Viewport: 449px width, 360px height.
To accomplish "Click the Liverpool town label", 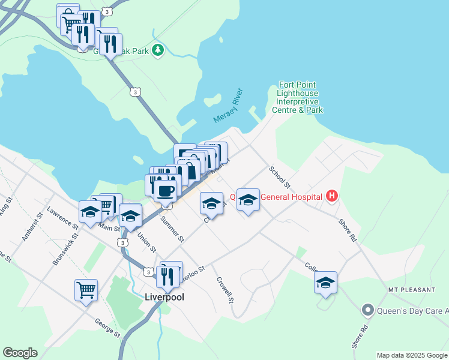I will (164, 297).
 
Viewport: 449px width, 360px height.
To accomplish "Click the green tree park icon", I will (158, 50).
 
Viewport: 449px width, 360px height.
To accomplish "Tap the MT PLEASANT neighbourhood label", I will (411, 290).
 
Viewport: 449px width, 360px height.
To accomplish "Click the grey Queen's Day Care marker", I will (367, 310).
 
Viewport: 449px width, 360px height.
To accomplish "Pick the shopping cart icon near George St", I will (86, 290).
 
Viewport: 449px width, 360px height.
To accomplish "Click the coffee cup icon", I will (165, 190).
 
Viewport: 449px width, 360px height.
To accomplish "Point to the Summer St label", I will (172, 229).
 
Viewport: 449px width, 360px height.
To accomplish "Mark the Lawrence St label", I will (63, 219).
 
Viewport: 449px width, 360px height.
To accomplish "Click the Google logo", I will (20, 353).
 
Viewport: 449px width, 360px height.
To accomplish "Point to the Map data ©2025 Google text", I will (412, 355).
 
